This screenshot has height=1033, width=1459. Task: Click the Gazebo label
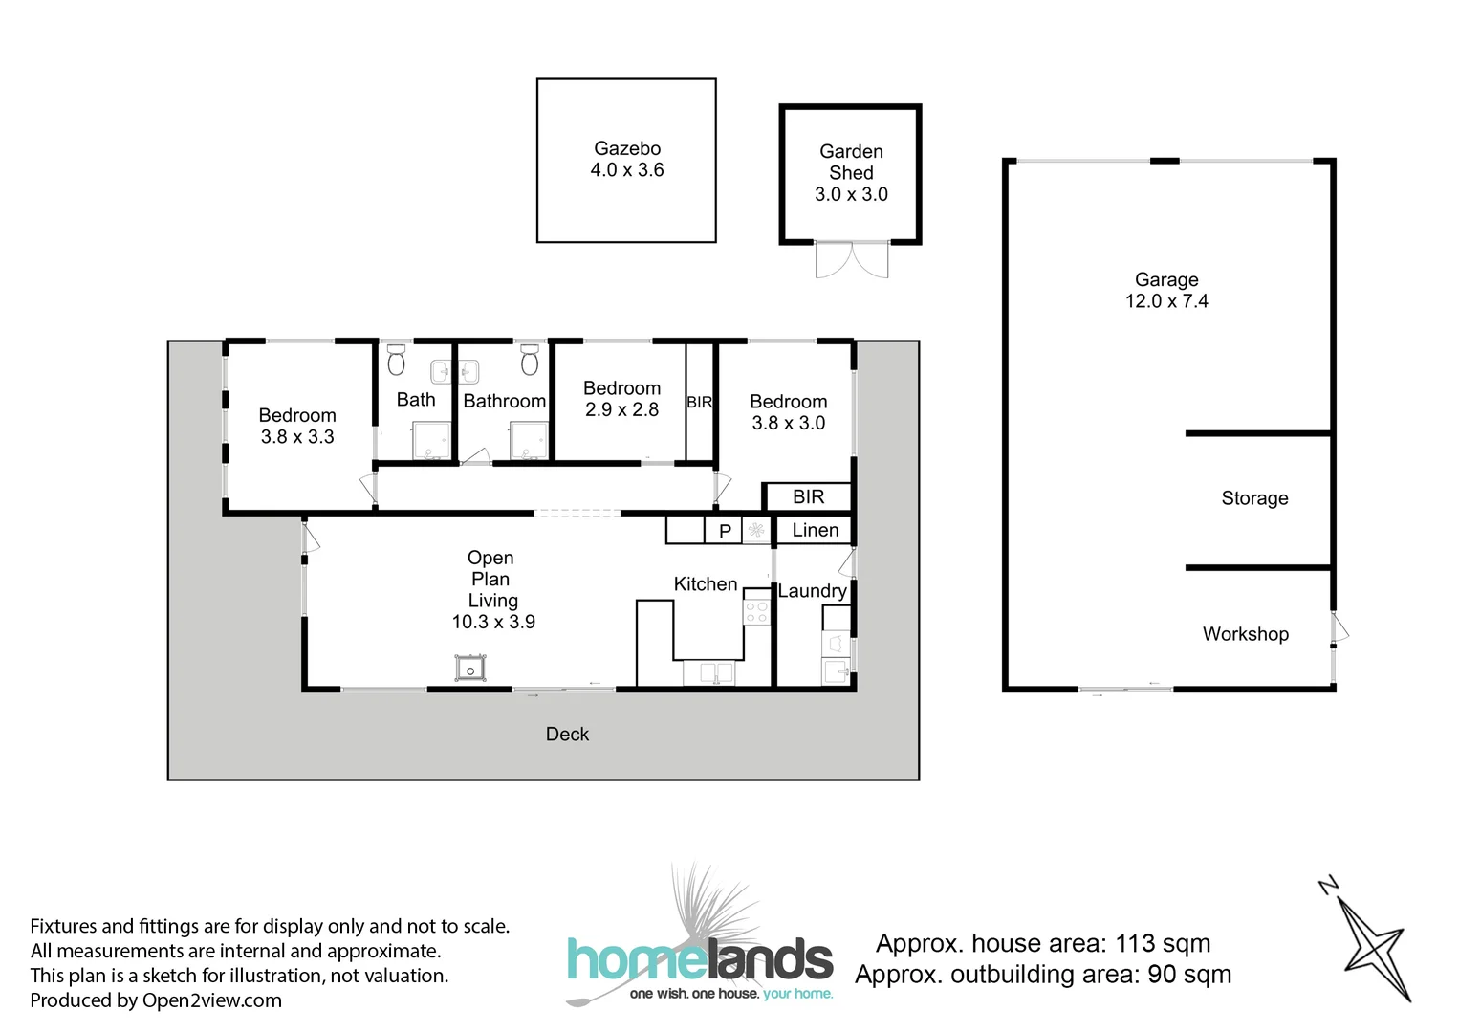[627, 148]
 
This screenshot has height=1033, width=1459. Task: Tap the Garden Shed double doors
[851, 259]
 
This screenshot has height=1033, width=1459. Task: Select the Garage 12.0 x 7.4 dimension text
[1166, 301]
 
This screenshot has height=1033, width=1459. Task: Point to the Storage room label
[1254, 498]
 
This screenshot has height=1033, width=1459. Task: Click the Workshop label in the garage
[1245, 634]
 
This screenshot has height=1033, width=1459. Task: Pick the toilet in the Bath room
[396, 361]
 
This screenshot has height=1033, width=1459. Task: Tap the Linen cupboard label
[815, 530]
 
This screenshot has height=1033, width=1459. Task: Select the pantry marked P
[725, 531]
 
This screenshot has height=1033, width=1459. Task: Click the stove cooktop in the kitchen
[757, 611]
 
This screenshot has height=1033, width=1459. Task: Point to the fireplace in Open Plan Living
[470, 669]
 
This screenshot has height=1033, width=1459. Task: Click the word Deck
[567, 735]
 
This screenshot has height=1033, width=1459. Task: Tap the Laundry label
[812, 591]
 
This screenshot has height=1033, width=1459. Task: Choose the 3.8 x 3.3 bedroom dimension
[297, 437]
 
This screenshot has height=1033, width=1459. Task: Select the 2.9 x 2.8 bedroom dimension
[621, 409]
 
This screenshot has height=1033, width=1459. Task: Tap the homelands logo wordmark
[700, 959]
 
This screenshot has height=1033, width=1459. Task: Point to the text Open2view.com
[211, 1000]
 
